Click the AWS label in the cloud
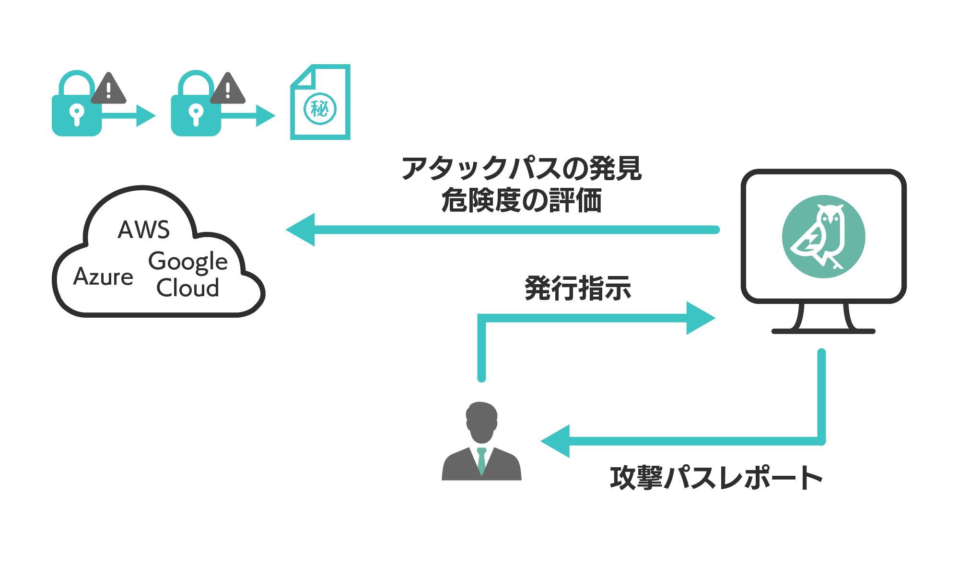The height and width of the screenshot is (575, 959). [144, 230]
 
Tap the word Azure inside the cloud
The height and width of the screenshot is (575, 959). [104, 277]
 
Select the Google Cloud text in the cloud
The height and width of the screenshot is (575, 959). [188, 274]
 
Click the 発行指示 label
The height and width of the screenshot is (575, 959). [578, 288]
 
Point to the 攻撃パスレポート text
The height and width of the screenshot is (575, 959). [716, 478]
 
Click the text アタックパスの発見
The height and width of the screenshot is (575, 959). [521, 169]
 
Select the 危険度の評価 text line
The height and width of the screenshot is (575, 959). [521, 200]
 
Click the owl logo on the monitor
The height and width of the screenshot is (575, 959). [823, 237]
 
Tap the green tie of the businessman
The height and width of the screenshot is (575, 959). [481, 460]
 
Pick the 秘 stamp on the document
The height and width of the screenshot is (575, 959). [320, 109]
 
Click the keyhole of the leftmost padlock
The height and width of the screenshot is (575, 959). [77, 114]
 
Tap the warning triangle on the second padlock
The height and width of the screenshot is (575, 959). [228, 89]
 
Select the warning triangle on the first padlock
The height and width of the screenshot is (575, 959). [108, 89]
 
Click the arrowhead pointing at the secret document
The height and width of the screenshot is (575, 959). [265, 115]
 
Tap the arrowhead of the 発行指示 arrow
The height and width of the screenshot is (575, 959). [700, 318]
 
